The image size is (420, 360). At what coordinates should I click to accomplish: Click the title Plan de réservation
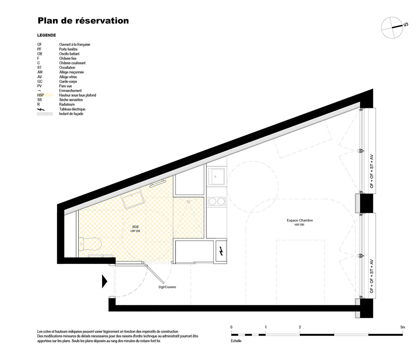click(83, 21)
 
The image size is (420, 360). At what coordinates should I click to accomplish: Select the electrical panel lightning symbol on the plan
click(221, 251)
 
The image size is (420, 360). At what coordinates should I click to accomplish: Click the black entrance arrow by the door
click(105, 281)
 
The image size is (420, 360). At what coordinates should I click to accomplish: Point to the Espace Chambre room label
click(300, 221)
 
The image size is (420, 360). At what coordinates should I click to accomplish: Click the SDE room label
click(136, 227)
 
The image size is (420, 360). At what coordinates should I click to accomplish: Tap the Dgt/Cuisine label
click(167, 287)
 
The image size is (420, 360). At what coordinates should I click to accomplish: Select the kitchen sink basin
click(217, 176)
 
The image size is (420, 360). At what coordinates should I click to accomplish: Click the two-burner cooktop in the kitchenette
click(217, 201)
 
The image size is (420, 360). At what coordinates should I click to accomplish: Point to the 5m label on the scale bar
click(403, 327)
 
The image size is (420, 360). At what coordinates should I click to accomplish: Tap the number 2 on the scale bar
click(300, 327)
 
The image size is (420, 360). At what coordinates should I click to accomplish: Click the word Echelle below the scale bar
click(236, 341)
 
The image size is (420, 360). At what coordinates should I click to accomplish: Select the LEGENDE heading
click(47, 35)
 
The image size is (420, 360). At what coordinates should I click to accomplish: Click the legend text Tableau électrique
click(72, 109)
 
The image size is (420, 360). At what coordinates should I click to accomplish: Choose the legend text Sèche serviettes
click(71, 100)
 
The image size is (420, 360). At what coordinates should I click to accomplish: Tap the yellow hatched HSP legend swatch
click(48, 95)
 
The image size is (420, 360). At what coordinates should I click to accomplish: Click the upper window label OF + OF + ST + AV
click(372, 171)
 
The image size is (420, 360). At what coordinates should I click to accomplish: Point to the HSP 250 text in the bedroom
click(299, 225)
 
